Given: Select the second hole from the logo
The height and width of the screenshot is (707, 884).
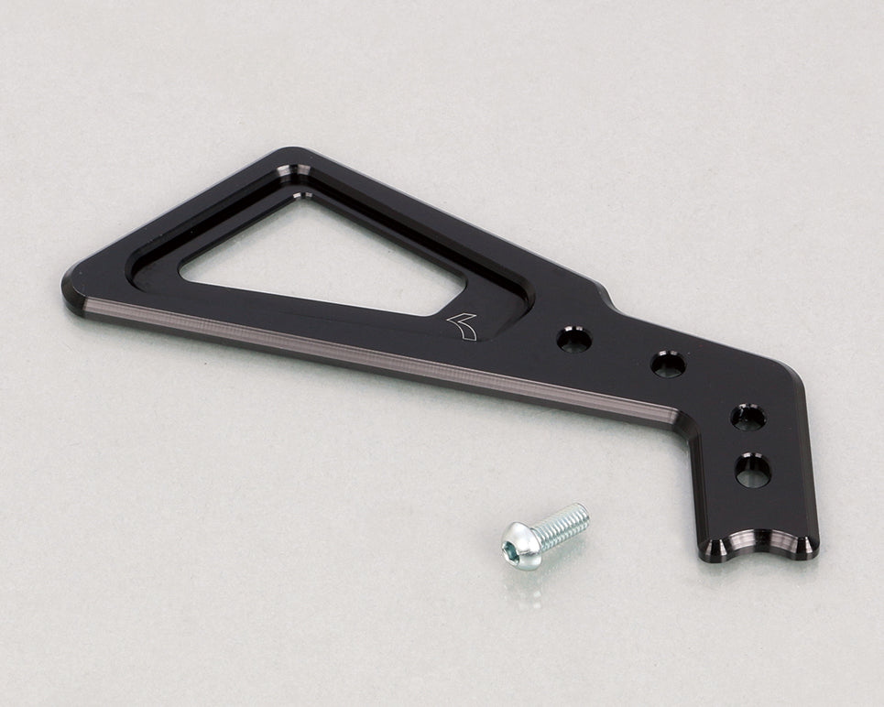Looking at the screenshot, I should (x=668, y=364).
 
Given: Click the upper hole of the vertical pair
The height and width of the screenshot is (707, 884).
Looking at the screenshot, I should (x=748, y=417).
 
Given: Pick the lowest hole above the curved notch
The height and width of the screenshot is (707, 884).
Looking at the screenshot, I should (x=752, y=471).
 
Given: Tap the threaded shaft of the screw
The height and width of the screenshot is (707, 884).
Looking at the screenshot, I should (x=561, y=523).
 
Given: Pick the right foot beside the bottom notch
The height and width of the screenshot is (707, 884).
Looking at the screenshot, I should (x=804, y=547).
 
